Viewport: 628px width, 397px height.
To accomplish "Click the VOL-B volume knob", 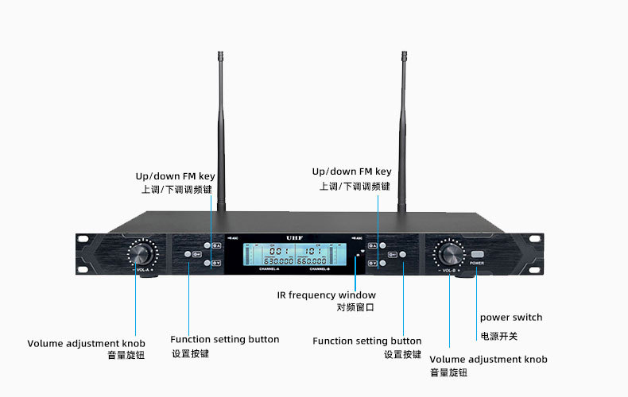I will (448, 255).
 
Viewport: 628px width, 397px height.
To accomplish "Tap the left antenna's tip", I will (219, 55).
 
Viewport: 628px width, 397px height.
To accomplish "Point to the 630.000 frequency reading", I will (279, 260).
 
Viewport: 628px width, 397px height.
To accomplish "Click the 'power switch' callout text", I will (510, 318).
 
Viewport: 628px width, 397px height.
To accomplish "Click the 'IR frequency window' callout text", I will (326, 295).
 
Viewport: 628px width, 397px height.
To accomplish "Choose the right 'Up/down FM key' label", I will (351, 172).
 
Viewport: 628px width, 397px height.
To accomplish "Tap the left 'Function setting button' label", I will (225, 340).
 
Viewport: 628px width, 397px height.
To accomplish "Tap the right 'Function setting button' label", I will (366, 341).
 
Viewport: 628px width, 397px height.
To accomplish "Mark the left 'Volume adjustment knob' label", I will (87, 344).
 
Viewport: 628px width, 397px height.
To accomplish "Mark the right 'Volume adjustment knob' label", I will (488, 360).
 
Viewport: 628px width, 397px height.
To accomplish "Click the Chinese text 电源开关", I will (498, 337).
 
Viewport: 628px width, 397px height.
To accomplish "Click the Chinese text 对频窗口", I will (355, 307).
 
